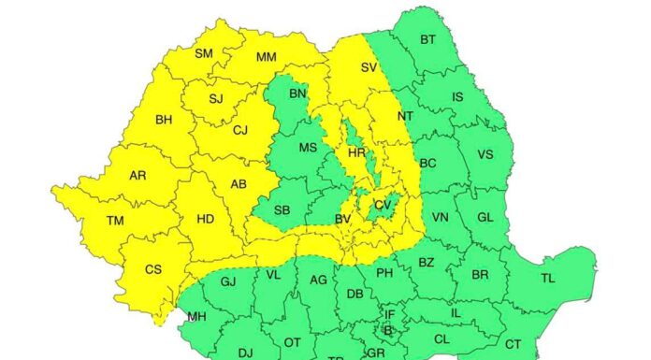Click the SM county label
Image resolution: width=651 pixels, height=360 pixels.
204,53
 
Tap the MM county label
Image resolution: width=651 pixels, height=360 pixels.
267,58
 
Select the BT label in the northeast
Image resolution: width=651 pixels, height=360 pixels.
428,39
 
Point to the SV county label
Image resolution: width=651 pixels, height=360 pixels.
369,68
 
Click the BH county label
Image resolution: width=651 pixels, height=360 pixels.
164,120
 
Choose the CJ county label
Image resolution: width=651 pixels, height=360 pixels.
240,130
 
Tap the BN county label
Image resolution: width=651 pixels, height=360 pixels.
297,94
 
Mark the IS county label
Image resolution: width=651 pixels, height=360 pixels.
457,96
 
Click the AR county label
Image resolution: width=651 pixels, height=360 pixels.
137,175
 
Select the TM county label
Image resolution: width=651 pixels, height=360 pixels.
115,221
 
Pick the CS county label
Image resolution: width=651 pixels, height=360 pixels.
153,269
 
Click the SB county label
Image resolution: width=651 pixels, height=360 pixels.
282,209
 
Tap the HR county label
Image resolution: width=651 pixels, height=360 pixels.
356,152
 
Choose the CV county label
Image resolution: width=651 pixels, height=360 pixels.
382,205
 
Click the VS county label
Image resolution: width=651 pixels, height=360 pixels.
485,154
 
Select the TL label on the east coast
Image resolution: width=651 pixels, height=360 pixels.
547,278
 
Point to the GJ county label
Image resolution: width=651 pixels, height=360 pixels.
228,281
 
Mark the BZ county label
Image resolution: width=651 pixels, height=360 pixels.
427,263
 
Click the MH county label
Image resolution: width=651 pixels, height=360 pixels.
196,317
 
